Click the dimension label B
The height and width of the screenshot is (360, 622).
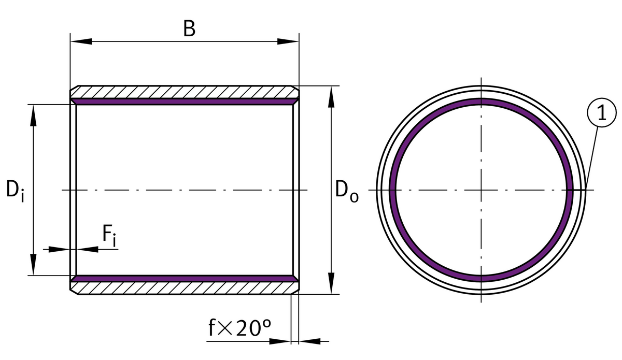coord(189,28)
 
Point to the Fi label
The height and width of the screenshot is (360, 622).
coord(109,235)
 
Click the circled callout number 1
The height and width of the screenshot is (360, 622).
coord(602,112)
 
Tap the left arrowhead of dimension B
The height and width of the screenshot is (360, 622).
coord(81,41)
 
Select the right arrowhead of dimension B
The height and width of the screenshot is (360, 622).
coord(288,41)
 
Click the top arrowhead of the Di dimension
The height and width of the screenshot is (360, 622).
coord(33,116)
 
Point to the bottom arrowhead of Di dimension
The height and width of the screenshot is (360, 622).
coord(33,265)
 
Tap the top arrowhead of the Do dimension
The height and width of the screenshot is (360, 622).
coord(331,97)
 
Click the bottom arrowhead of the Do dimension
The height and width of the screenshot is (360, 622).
coord(331,283)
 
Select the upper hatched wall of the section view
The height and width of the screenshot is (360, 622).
coord(185,92)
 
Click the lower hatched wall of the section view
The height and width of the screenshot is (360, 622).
coord(185,288)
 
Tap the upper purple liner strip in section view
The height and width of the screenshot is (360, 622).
coord(185,102)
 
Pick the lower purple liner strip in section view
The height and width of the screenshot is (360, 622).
coord(185,279)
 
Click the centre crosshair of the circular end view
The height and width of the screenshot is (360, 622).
coord(481,190)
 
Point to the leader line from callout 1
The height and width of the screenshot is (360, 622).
coord(591,158)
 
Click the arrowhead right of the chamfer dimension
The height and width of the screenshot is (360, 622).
coord(309,341)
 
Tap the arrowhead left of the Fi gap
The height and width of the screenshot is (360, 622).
coord(59,249)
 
